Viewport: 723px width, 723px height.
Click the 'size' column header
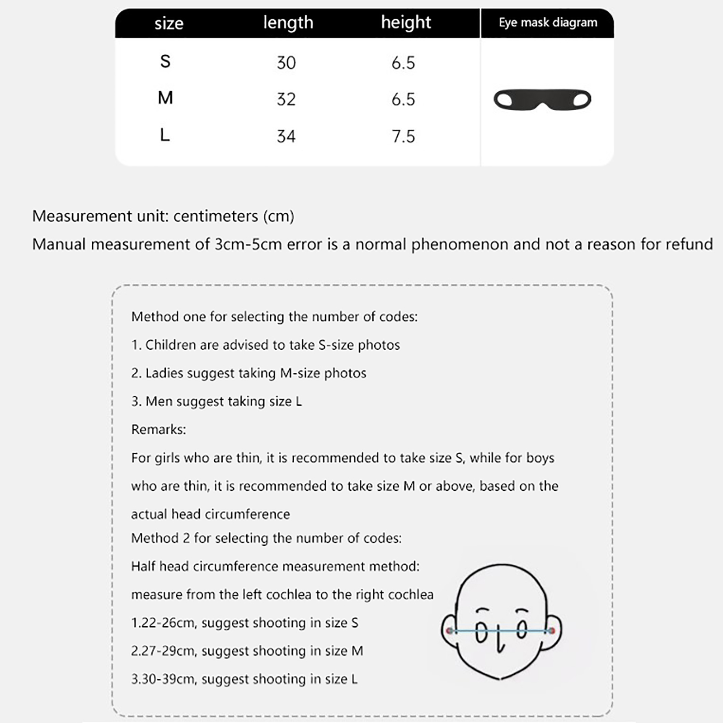(169, 23)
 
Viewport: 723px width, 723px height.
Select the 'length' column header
(288, 23)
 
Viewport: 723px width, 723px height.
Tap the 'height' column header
(406, 23)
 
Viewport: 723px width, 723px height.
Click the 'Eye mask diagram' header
(548, 23)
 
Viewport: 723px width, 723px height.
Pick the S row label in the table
(165, 61)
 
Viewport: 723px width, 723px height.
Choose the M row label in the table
(165, 98)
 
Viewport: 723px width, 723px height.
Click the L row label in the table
(165, 135)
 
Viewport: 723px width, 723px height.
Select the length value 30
(286, 63)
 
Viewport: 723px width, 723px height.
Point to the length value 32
(286, 99)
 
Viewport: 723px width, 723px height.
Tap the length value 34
(286, 136)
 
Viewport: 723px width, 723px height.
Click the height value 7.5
(403, 136)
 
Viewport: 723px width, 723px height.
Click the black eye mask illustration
(542, 100)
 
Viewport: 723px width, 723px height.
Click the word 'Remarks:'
(159, 429)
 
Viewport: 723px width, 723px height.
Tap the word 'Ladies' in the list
(164, 373)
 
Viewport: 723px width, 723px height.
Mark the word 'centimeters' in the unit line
(215, 216)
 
